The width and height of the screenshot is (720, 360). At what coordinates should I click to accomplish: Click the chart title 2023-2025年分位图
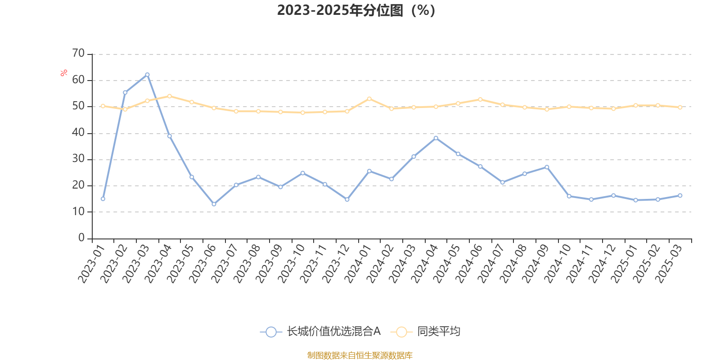pyautogui.click(x=356, y=10)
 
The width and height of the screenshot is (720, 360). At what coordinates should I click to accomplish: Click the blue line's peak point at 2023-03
pyautogui.click(x=147, y=75)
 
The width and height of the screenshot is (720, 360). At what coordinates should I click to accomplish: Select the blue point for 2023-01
pyautogui.click(x=103, y=198)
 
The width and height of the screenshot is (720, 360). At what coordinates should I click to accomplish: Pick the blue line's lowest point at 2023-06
pyautogui.click(x=214, y=204)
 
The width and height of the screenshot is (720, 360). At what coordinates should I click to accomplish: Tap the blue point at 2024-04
pyautogui.click(x=436, y=138)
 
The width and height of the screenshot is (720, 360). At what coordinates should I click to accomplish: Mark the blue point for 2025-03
pyautogui.click(x=680, y=195)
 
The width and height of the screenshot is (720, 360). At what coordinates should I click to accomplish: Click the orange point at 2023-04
pyautogui.click(x=170, y=96)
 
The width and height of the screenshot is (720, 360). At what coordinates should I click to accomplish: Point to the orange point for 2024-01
pyautogui.click(x=369, y=99)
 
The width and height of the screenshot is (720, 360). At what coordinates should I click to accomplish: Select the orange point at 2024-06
pyautogui.click(x=480, y=99)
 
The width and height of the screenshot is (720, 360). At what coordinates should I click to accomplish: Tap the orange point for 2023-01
pyautogui.click(x=103, y=106)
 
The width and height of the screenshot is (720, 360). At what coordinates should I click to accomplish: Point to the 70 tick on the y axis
pyautogui.click(x=78, y=54)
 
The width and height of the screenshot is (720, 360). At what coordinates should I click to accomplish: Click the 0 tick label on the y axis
pyautogui.click(x=81, y=238)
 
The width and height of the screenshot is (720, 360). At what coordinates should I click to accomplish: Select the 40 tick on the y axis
pyautogui.click(x=78, y=132)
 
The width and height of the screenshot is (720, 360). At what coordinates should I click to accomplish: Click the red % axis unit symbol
pyautogui.click(x=64, y=72)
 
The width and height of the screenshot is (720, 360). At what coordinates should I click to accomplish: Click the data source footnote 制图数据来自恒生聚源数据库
pyautogui.click(x=360, y=355)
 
